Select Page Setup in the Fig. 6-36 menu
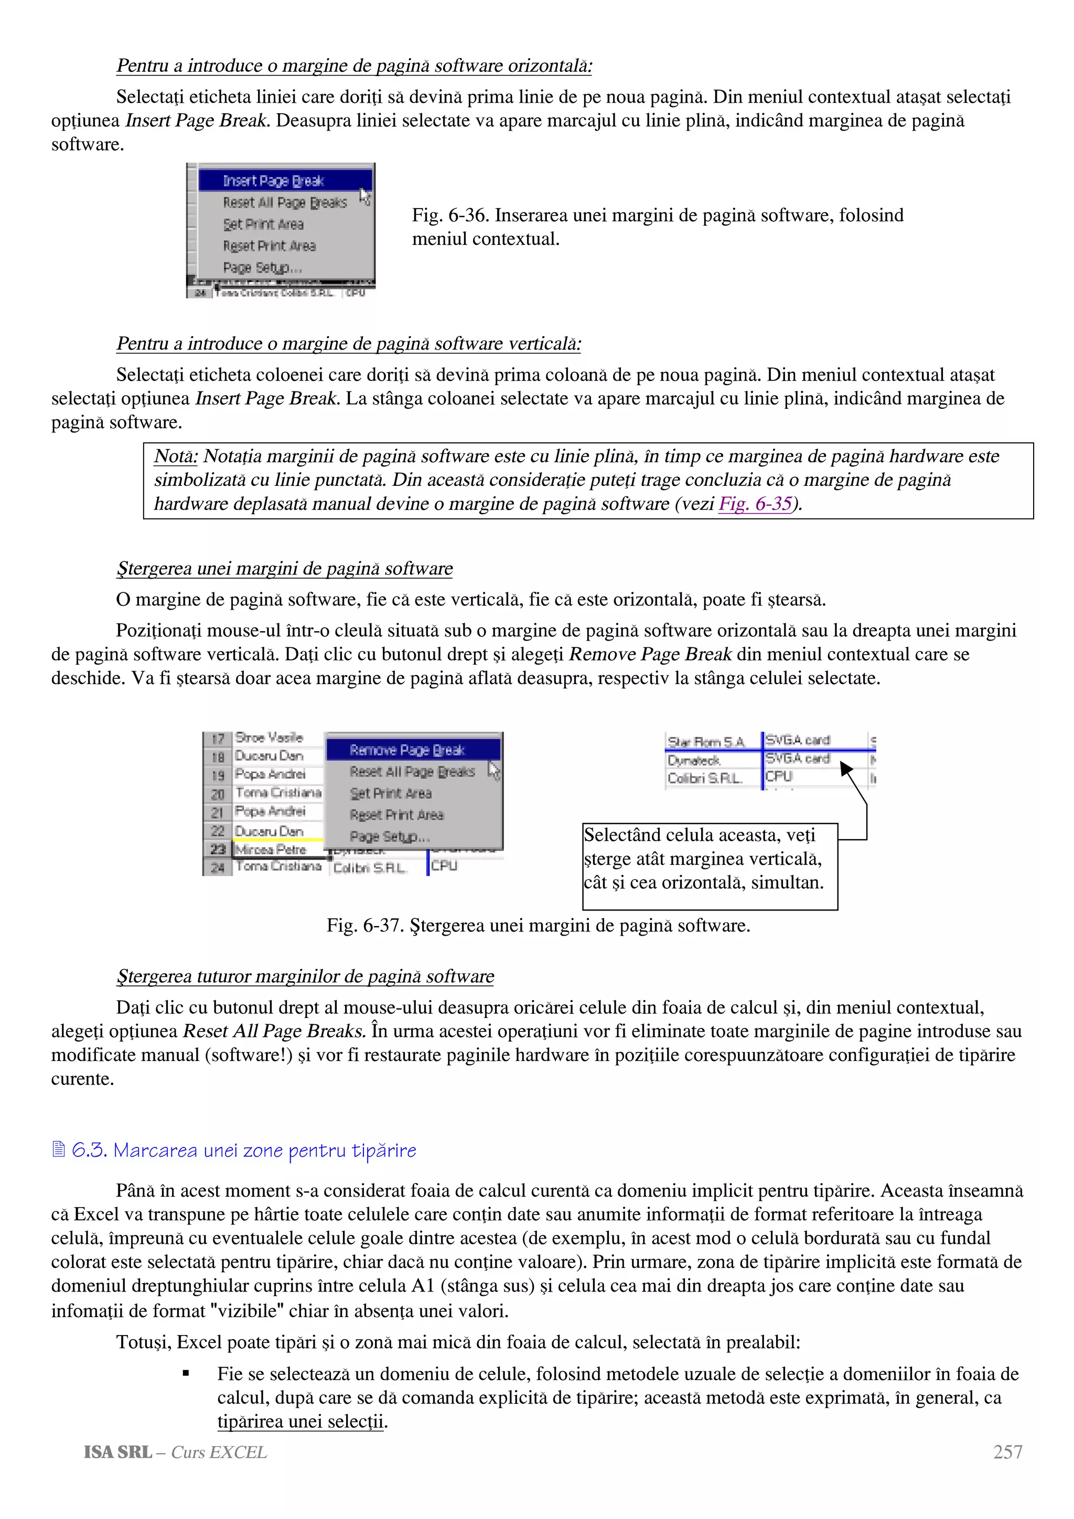pos(262,268)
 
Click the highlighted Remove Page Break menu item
pos(407,750)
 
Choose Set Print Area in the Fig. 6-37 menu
pos(390,793)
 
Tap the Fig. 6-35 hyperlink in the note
pos(755,504)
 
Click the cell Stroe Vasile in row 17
pos(268,737)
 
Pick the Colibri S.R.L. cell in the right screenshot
pos(704,779)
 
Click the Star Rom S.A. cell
pos(706,742)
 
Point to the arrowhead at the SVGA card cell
pos(845,767)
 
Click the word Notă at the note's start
pos(175,457)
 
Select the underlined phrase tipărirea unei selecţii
pos(300,1421)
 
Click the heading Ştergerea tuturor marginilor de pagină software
pos(305,976)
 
